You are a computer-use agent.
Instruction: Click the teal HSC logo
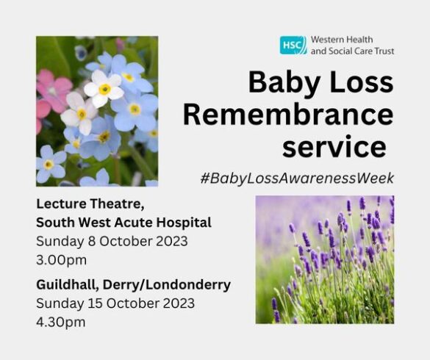pyautogui.click(x=293, y=45)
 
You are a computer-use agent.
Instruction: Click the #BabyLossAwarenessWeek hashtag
pyautogui.click(x=297, y=179)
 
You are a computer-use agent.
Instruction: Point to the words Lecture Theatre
pyautogui.click(x=90, y=204)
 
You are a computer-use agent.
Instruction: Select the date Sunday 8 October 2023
pyautogui.click(x=112, y=242)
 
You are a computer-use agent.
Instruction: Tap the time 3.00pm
pyautogui.click(x=61, y=260)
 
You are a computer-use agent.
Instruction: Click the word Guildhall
pyautogui.click(x=68, y=285)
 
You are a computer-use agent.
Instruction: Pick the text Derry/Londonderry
pyautogui.click(x=167, y=285)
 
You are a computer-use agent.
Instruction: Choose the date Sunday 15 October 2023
pyautogui.click(x=115, y=303)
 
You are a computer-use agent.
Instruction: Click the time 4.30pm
pyautogui.click(x=60, y=322)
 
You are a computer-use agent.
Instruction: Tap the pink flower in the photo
pyautogui.click(x=54, y=88)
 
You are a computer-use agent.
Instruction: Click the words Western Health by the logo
pyautogui.click(x=342, y=40)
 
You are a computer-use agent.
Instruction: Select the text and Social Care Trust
pyautogui.click(x=352, y=51)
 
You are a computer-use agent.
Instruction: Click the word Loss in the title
pyautogui.click(x=362, y=82)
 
